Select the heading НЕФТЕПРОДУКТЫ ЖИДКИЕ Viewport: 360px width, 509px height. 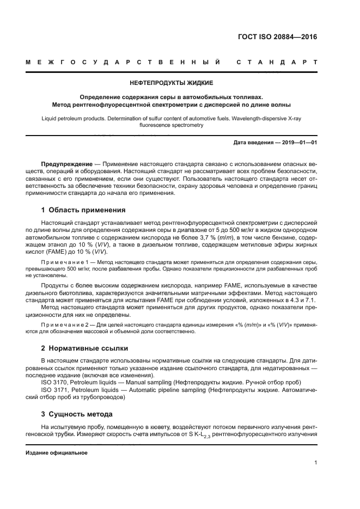171,83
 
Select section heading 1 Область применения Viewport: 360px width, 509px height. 83,210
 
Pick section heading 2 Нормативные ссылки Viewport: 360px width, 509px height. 84,347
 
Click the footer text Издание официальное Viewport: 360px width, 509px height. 57,453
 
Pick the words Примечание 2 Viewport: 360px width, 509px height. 64,325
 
